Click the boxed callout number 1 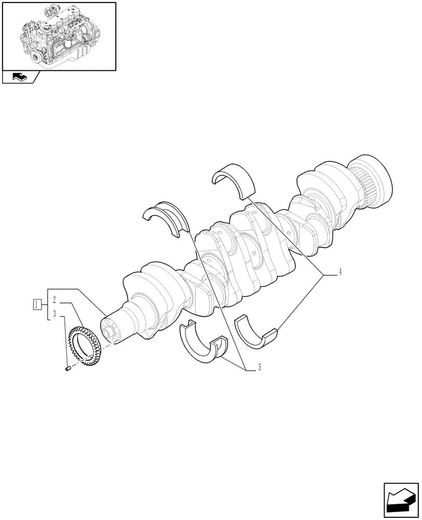[36, 304]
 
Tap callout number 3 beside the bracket [54, 315]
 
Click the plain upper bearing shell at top [234, 180]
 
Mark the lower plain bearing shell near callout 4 [256, 331]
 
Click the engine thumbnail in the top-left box [58, 35]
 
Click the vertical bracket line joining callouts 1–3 [47, 304]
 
